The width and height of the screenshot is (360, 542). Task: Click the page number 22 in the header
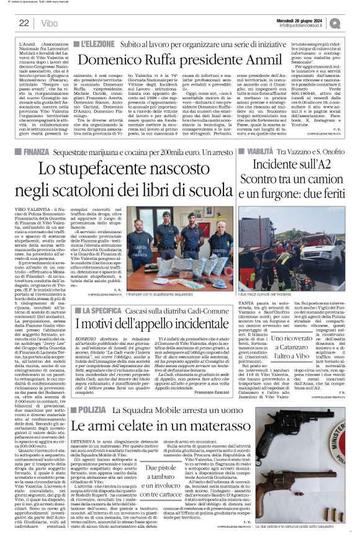[24, 23]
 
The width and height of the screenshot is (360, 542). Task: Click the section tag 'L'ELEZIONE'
[94, 45]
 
